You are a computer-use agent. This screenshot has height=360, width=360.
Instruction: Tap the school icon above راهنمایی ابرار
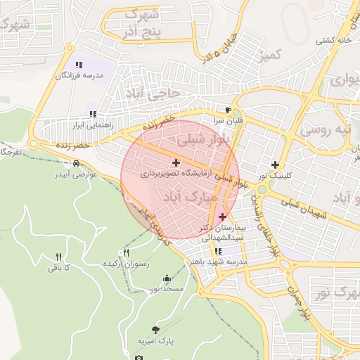click(92, 114)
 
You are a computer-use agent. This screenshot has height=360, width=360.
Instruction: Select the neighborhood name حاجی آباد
click(153, 93)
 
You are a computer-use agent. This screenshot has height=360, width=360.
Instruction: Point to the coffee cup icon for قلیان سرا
click(227, 110)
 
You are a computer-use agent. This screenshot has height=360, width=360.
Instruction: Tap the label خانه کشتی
click(333, 40)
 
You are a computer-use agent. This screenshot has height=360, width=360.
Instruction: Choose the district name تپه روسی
click(324, 130)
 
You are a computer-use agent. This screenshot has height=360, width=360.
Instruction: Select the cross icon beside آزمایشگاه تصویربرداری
click(176, 162)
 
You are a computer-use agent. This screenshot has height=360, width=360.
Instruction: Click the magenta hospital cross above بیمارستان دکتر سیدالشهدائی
click(222, 217)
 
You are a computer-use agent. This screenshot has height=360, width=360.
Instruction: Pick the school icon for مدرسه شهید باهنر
click(218, 251)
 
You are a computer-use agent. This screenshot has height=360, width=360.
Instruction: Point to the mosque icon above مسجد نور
click(166, 278)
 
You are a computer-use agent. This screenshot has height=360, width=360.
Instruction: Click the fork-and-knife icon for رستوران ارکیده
click(127, 252)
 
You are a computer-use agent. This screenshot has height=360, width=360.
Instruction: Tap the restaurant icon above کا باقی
click(59, 257)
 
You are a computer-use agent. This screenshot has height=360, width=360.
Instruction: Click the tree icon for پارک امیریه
click(155, 330)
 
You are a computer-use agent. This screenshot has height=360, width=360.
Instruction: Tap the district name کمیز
click(269, 55)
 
